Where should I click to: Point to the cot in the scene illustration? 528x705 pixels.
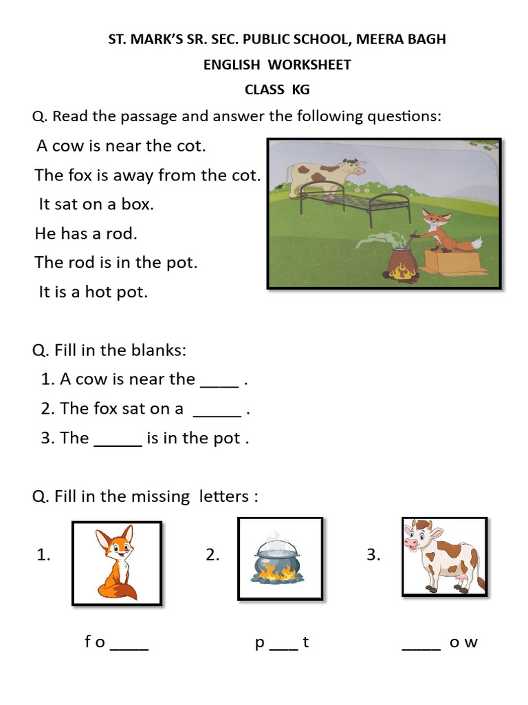[x=357, y=200]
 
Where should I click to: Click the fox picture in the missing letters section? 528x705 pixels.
[x=117, y=563]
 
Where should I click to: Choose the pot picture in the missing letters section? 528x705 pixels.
[x=280, y=558]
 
